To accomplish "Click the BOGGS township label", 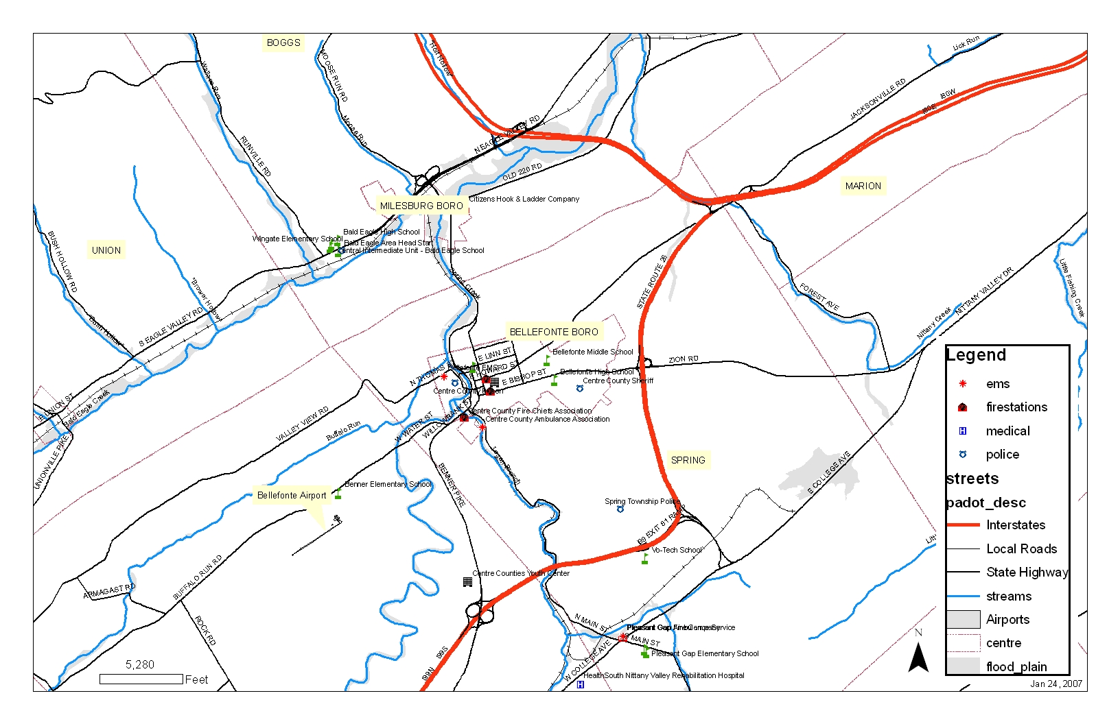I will point(283,43).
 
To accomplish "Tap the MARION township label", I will point(863,186).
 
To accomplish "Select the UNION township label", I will point(106,250).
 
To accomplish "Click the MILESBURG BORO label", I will point(421,206).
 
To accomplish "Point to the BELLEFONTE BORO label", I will point(554,332).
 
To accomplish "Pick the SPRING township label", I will point(688,460).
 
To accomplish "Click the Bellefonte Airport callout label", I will point(292,495).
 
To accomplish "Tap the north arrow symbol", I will point(918,657).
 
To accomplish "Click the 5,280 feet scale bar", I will point(141,679).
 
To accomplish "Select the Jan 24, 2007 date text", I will point(1055,684).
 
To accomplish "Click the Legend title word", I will point(976,355).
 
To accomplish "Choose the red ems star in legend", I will point(963,384).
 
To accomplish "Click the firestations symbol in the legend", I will point(963,407).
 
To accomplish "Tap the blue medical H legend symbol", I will point(963,431).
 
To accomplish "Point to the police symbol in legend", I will point(963,455).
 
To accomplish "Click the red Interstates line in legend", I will point(963,525).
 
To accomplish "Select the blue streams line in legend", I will point(963,596).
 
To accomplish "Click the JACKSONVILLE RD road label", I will point(877,99).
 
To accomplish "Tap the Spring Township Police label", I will point(642,501).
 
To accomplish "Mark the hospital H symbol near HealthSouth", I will point(580,684).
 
